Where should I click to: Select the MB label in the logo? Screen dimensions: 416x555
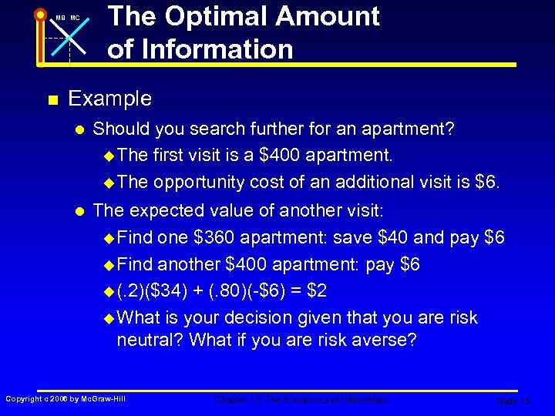(59, 18)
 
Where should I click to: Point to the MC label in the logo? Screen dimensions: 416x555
(75, 18)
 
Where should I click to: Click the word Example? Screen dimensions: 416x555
(110, 99)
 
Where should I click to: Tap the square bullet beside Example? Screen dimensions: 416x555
(52, 99)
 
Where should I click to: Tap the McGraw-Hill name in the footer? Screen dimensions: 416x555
(103, 399)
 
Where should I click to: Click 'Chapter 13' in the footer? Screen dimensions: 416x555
(235, 400)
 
